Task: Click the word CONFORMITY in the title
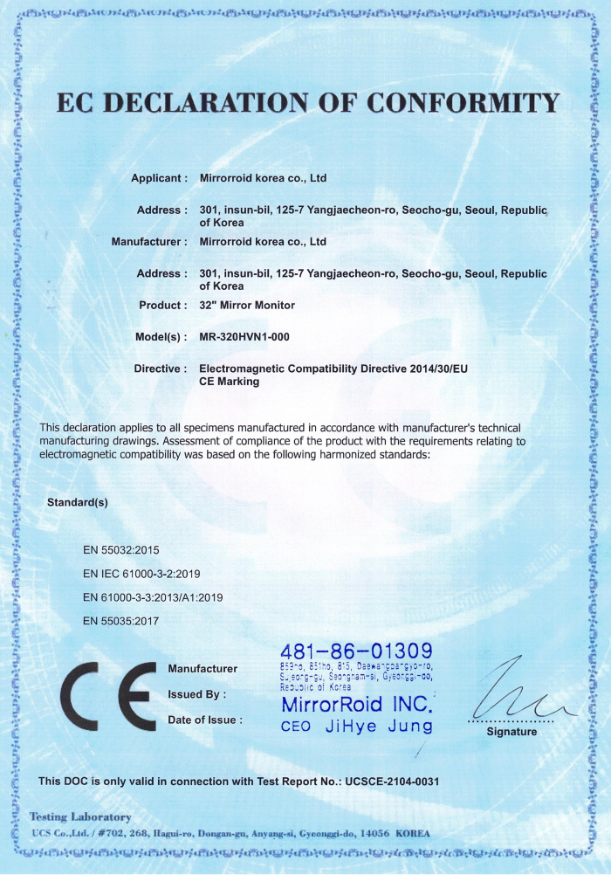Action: click(x=463, y=103)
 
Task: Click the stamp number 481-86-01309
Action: click(x=356, y=651)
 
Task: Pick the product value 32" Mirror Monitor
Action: click(x=247, y=306)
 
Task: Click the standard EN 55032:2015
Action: click(x=121, y=550)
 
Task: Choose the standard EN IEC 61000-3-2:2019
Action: click(x=142, y=574)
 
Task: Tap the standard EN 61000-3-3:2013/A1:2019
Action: click(x=154, y=597)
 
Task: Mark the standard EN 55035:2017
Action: click(x=121, y=621)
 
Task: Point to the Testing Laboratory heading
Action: click(x=80, y=817)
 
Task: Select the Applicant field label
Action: click(x=159, y=178)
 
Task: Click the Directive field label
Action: click(x=160, y=369)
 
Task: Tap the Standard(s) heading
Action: click(x=77, y=503)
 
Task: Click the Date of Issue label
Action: click(x=205, y=720)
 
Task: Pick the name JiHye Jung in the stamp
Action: click(x=379, y=727)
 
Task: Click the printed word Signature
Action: click(x=511, y=732)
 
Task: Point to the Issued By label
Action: click(x=197, y=694)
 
